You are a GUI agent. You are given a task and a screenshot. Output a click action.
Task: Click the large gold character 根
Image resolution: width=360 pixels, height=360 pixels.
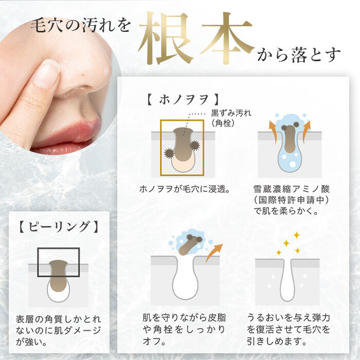pyautogui.click(x=165, y=38)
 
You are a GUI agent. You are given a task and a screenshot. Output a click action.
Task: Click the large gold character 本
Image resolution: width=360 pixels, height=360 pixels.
pyautogui.click(x=227, y=38)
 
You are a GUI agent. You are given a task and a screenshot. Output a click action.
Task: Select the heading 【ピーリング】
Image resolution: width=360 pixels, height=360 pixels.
pyautogui.click(x=59, y=227)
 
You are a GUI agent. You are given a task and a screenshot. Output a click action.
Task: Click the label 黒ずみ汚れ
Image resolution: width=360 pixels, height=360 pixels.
pyautogui.click(x=231, y=113)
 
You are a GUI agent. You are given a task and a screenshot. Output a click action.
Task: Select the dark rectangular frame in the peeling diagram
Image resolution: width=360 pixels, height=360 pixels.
pyautogui.click(x=38, y=262)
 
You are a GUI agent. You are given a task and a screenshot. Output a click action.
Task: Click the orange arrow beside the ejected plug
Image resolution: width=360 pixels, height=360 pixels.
pyautogui.click(x=213, y=253)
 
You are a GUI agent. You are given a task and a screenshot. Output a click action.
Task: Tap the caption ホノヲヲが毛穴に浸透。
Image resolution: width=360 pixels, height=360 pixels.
pyautogui.click(x=185, y=189)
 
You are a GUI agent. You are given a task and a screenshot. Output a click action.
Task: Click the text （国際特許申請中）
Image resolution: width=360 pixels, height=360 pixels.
pyautogui.click(x=291, y=200)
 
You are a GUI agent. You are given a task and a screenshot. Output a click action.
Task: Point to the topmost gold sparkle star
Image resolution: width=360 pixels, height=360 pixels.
pyautogui.click(x=296, y=235)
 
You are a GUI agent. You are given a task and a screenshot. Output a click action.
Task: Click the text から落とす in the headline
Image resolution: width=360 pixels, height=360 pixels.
pyautogui.click(x=298, y=55)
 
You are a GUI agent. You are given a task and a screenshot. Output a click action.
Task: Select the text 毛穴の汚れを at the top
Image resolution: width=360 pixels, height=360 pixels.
pyautogui.click(x=80, y=25)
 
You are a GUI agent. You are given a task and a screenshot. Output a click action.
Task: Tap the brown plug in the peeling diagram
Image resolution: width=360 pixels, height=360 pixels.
pyautogui.click(x=59, y=276)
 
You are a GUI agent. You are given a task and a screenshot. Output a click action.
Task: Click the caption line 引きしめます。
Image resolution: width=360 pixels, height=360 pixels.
pyautogui.click(x=277, y=341)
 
